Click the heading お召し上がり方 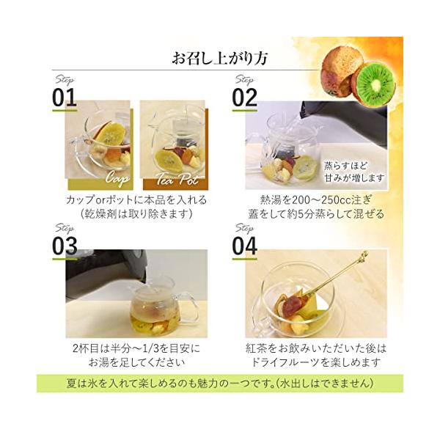pyautogui.click(x=220, y=58)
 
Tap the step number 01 pyautogui.click(x=65, y=98)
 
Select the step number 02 pyautogui.click(x=244, y=98)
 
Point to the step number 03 pyautogui.click(x=65, y=246)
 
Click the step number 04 pyautogui.click(x=244, y=246)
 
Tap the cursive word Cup pyautogui.click(x=117, y=178)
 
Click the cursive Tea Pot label pyautogui.click(x=177, y=178)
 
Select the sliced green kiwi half pyautogui.click(x=374, y=82)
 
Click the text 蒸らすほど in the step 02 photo pyautogui.click(x=345, y=166)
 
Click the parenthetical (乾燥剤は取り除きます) pyautogui.click(x=136, y=214)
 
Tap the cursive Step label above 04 pyautogui.click(x=245, y=228)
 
